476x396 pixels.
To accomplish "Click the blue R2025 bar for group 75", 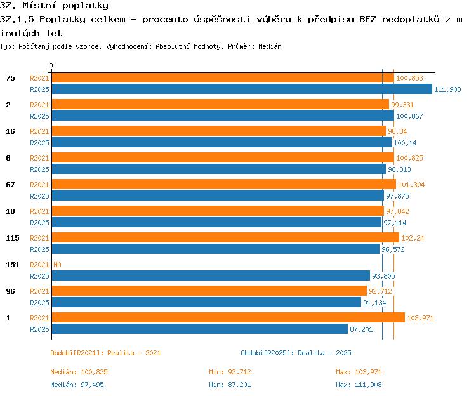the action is (242, 89).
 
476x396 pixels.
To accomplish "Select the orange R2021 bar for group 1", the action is (228, 317).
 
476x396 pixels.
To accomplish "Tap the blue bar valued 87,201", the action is (200, 329).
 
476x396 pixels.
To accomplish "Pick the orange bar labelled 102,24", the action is (225, 237).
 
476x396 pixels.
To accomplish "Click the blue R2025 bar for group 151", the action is (211, 275).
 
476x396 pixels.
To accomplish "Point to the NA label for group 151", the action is (57, 265).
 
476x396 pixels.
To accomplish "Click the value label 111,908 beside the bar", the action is (447, 89).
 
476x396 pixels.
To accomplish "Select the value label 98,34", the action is (397, 131).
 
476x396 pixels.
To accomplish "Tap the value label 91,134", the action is (374, 303).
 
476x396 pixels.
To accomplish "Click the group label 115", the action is (13, 238).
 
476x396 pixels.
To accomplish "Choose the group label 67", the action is (10, 185).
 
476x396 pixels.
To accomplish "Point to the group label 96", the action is (10, 291).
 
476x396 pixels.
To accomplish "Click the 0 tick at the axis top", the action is (51, 65).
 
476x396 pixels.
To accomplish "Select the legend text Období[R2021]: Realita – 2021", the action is (105, 353).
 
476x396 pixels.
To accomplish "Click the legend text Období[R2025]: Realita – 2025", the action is (296, 353).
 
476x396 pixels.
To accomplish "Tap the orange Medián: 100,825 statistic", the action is (79, 372).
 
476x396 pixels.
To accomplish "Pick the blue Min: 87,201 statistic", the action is (230, 385).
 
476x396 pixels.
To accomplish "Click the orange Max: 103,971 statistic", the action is (359, 372).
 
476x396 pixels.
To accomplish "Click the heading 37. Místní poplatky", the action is (54, 6).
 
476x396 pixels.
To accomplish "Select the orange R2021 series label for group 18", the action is (39, 211).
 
